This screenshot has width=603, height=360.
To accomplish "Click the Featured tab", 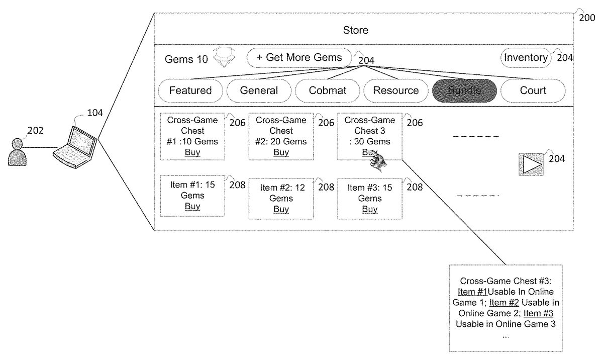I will pos(190,91).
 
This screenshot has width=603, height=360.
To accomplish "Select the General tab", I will pos(259,91).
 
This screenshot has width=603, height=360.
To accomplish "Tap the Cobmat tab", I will pos(327,91).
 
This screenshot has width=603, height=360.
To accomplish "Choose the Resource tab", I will pos(396,91).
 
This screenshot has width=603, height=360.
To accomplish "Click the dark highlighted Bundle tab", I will pos(464,91).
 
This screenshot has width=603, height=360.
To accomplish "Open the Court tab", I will pos(533,91).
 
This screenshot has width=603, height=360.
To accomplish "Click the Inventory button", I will pos(526,57).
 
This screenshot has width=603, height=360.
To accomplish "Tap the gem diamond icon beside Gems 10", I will pos(224,58).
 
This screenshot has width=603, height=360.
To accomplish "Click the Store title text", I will pos(355,30).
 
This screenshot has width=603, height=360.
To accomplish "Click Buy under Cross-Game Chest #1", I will pos(192,152).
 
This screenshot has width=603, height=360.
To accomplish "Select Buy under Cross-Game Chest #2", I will pos(281,152).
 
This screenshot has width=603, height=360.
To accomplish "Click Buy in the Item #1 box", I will pos(192,206).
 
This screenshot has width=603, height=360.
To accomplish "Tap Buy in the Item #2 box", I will pos(281,209).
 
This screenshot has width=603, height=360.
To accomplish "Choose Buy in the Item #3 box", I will pos(369,209).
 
